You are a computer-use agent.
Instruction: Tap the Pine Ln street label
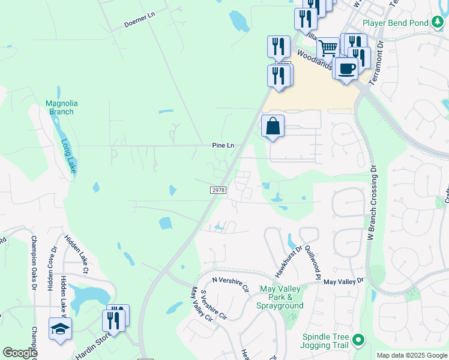point(222,146)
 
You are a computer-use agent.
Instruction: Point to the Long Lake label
point(69,157)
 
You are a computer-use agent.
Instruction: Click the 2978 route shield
point(218,190)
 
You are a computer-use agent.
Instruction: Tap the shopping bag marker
point(273,127)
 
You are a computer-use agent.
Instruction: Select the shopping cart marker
point(328,48)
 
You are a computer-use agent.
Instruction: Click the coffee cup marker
point(346,69)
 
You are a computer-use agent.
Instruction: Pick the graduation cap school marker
point(60,329)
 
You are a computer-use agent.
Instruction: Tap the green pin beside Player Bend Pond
point(438,23)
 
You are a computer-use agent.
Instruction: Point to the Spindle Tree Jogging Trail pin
point(358,340)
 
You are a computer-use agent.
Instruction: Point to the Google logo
point(20,353)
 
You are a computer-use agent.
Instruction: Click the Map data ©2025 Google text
point(412,355)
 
